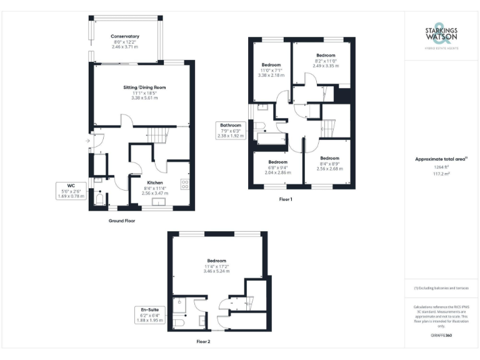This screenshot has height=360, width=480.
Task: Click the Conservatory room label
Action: pos(125,37)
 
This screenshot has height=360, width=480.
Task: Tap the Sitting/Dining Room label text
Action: pos(144,87)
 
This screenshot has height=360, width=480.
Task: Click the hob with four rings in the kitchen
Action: pos(186,184)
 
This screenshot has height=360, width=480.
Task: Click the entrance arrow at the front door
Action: pos(87,142)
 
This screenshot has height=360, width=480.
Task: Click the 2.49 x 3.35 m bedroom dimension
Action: pos(326,65)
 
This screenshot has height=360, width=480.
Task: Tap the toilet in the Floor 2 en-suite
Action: pos(178,321)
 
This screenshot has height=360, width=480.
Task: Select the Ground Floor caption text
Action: pos(121,221)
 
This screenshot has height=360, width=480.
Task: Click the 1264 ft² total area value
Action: pos(442,167)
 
